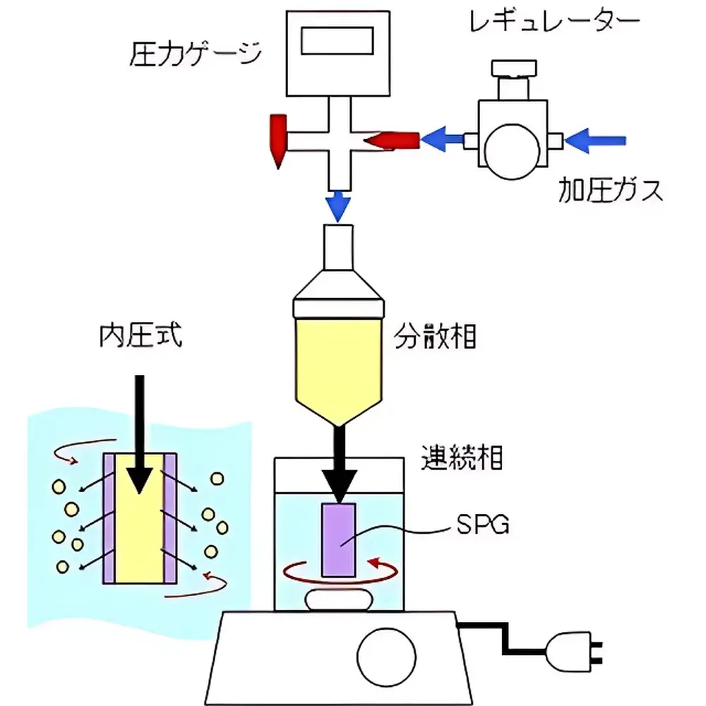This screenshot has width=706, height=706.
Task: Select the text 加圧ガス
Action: click(x=611, y=189)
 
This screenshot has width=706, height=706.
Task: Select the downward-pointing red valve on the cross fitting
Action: click(x=277, y=140)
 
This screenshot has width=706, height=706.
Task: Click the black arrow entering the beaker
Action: click(x=340, y=466)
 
